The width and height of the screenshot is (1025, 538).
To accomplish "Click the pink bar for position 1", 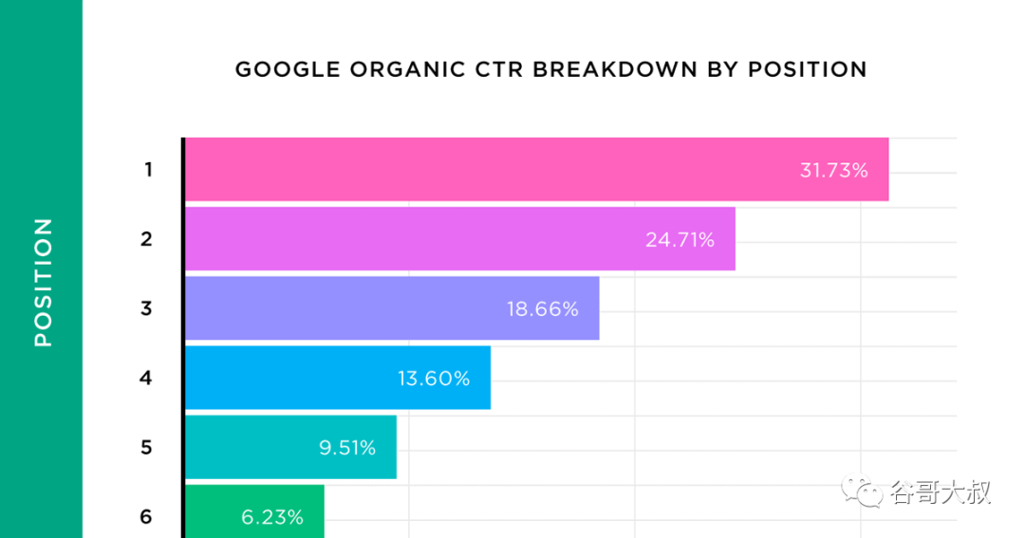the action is click(536, 169).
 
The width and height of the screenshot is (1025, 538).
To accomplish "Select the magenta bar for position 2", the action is click(460, 238).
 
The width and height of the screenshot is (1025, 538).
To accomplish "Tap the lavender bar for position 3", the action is click(392, 307).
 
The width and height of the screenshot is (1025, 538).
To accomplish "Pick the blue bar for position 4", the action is click(338, 378).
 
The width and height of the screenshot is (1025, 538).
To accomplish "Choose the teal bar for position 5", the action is click(291, 447).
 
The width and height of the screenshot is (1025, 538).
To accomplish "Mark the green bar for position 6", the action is click(255, 511).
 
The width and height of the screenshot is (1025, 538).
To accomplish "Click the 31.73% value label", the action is click(833, 171).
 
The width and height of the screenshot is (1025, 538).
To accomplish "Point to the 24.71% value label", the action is click(680, 240).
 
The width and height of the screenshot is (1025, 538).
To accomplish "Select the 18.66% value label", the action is click(543, 309).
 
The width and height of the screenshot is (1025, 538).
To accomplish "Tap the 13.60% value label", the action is click(434, 379).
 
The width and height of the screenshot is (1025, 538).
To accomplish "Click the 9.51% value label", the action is click(347, 448).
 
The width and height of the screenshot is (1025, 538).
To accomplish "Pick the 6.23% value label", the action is click(272, 517).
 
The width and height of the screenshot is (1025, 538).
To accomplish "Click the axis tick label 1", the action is click(148, 170).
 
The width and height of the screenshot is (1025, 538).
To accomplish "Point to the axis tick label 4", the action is click(146, 378).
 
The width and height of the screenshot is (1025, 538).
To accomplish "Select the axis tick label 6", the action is click(146, 517).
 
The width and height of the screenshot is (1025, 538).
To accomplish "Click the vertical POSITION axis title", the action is click(43, 283).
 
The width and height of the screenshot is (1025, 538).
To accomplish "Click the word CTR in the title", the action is click(499, 69).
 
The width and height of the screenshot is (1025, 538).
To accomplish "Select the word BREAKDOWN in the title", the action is click(615, 69).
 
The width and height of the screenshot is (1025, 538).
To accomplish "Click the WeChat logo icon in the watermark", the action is click(861, 491).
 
